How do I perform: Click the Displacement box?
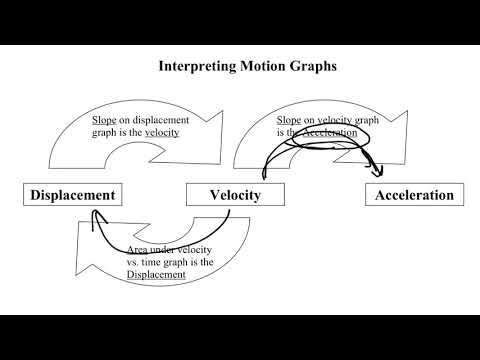(71, 195)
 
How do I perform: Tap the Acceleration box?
(415, 195)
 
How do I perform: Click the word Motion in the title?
(253, 68)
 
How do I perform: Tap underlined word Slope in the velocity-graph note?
(289, 120)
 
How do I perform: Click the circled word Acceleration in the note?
(329, 133)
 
